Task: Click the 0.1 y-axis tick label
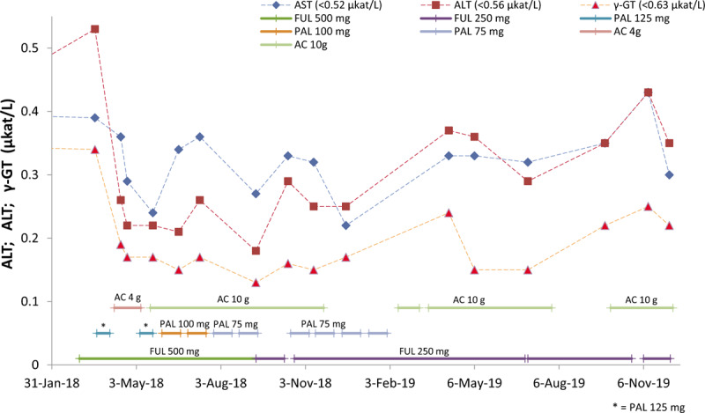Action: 30,301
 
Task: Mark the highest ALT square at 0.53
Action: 95,29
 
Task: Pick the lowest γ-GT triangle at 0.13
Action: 256,283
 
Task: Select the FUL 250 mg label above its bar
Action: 424,350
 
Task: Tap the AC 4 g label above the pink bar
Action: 129,299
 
